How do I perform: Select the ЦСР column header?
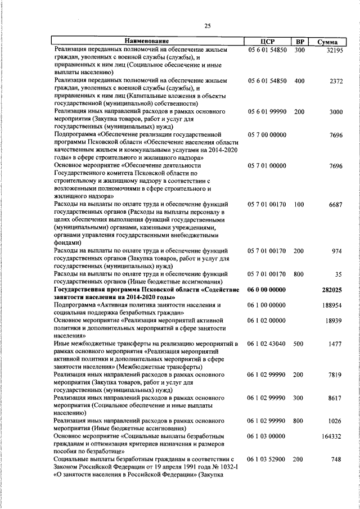point(267,42)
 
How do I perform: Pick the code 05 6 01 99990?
point(267,112)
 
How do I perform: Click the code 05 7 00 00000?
point(267,135)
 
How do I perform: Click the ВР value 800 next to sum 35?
point(299,274)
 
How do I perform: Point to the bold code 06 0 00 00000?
point(267,289)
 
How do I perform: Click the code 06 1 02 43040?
point(267,343)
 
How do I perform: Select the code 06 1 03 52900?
point(267,459)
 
